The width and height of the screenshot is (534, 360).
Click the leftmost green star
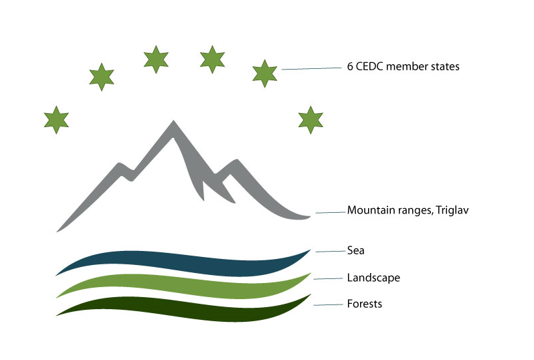[56, 119]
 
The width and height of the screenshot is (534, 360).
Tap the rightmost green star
[310, 119]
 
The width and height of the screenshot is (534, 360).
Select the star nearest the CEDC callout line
[265, 73]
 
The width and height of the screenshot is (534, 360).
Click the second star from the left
[101, 76]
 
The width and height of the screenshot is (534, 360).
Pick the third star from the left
[155, 59]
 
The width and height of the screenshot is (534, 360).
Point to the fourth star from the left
[212, 59]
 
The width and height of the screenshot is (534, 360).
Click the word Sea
[355, 250]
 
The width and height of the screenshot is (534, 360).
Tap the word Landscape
[373, 277]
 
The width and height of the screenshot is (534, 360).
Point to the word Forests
[365, 303]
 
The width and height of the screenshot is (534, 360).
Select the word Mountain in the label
[369, 209]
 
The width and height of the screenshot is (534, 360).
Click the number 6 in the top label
[350, 67]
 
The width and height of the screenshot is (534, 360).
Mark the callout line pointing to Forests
[328, 304]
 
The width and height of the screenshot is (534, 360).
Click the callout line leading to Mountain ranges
[330, 212]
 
